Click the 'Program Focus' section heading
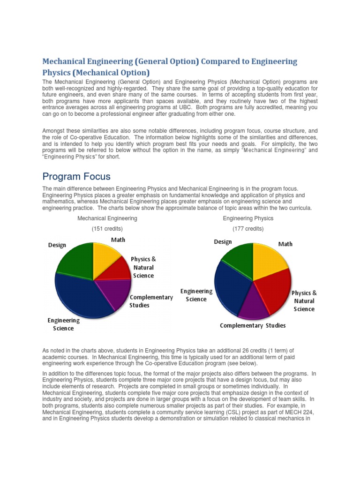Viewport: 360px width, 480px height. [76, 177]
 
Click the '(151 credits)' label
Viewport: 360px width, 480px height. [107, 229]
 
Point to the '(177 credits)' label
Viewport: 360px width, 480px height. [248, 229]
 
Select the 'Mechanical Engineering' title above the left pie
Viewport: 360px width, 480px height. [107, 218]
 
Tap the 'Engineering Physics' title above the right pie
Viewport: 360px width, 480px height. [248, 218]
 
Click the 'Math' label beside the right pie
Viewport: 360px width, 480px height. [285, 244]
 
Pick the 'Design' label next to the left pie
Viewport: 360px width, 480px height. [57, 245]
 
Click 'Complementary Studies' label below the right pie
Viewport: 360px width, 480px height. [253, 325]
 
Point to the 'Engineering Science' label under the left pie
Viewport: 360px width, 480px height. [63, 324]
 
